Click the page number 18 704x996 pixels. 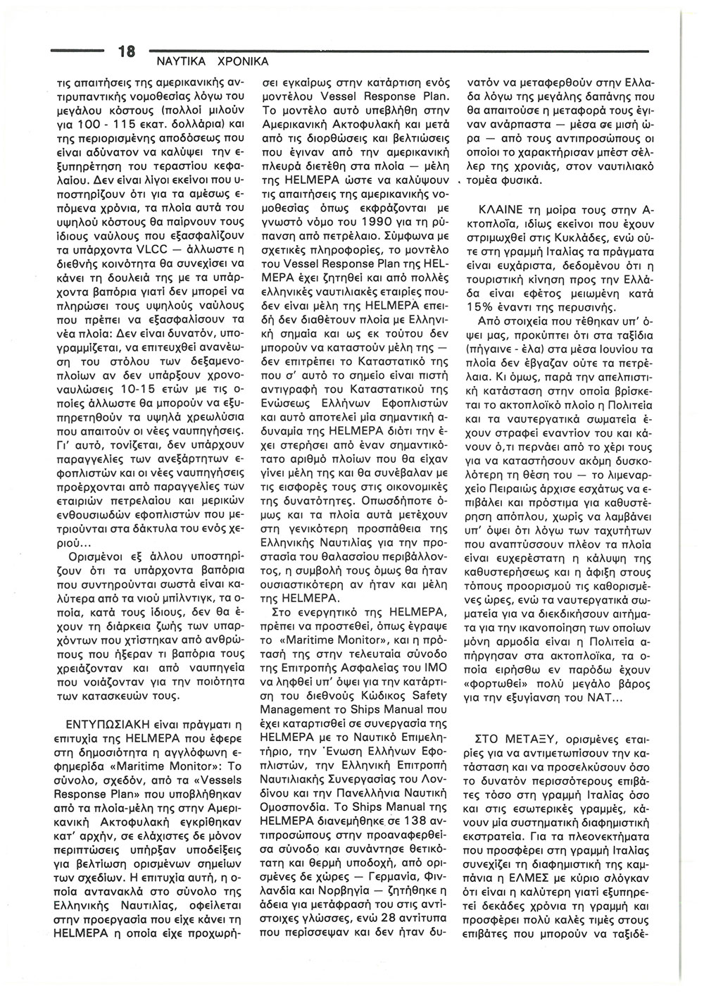click(126, 51)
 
